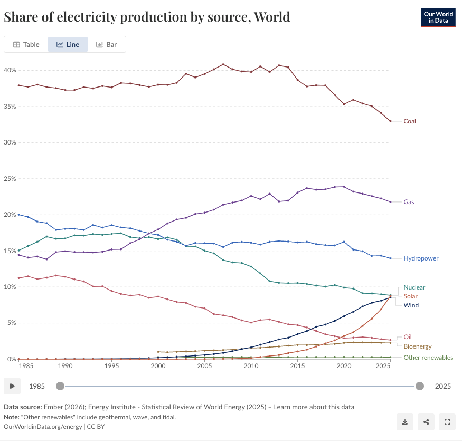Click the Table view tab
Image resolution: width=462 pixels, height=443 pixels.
[x=26, y=44]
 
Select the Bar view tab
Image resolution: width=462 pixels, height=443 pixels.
[x=106, y=44]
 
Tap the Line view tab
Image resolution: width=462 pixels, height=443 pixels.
[x=68, y=44]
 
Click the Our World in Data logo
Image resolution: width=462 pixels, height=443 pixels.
[x=438, y=17]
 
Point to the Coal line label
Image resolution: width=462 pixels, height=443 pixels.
[x=410, y=121]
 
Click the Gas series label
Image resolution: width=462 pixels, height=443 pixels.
[x=409, y=202]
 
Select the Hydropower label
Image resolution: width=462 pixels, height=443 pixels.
[x=421, y=258]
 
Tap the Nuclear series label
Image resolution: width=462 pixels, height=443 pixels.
[x=414, y=287]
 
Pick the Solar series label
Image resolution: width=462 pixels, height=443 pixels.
[x=410, y=296]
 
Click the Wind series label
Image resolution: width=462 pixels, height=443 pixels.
[x=411, y=305]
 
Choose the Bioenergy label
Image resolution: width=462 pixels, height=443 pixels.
[x=418, y=346]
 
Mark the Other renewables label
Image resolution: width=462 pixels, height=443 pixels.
[x=428, y=358]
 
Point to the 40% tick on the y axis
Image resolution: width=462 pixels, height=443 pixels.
[x=10, y=70]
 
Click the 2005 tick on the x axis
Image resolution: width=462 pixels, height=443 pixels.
[x=204, y=366]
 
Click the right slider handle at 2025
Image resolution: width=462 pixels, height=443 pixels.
[x=420, y=386]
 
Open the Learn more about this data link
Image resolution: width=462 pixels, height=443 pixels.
[x=314, y=407]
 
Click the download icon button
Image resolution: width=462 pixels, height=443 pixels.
[x=405, y=422]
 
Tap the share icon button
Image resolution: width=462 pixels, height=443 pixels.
[x=426, y=422]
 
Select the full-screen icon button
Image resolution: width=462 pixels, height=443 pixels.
[x=447, y=422]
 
